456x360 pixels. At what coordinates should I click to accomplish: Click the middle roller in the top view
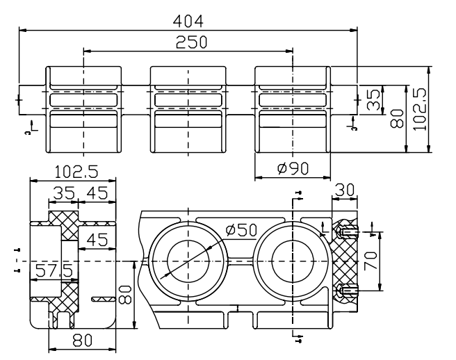tap(188, 109)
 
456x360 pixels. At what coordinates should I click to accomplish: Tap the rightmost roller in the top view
tap(293, 109)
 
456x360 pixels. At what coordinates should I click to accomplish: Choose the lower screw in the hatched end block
tap(347, 290)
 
